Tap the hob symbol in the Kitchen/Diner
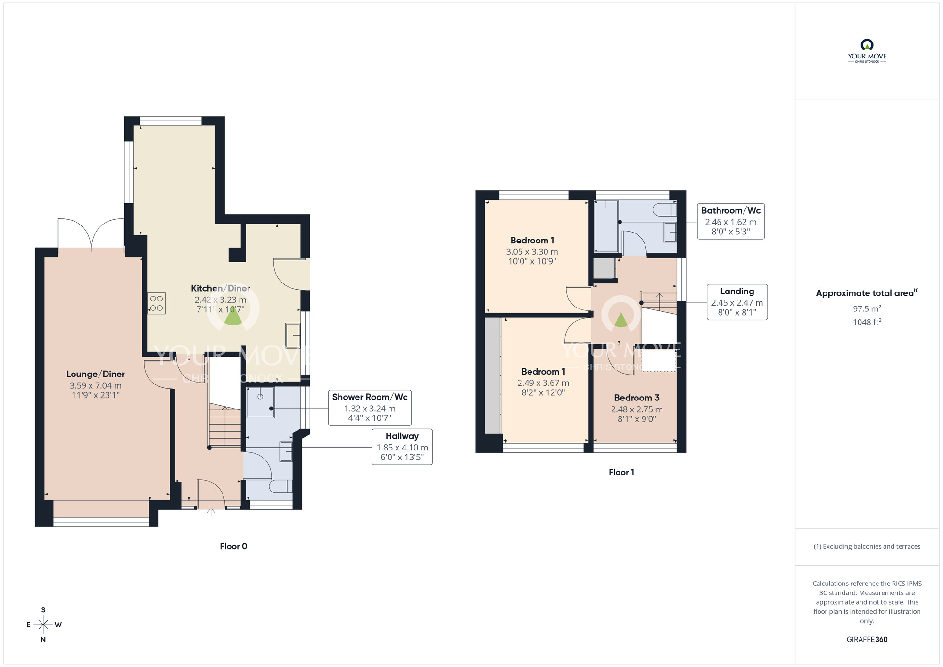point(157,303)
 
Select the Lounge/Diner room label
point(96,374)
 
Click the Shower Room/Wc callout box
point(370,408)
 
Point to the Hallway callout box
point(402,447)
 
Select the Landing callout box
point(737,302)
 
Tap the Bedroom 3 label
point(637,398)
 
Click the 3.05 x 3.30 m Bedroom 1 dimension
point(532,252)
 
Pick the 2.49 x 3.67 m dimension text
point(543,383)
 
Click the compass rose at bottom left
point(43,625)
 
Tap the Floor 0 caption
point(233,546)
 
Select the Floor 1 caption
point(621,472)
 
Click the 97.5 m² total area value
point(867,308)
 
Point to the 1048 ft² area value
point(867,322)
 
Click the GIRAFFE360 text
point(867,640)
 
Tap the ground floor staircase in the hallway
point(225,427)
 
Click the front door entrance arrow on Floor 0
point(211,512)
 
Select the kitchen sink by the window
point(293,335)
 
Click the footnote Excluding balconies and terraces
point(867,546)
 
